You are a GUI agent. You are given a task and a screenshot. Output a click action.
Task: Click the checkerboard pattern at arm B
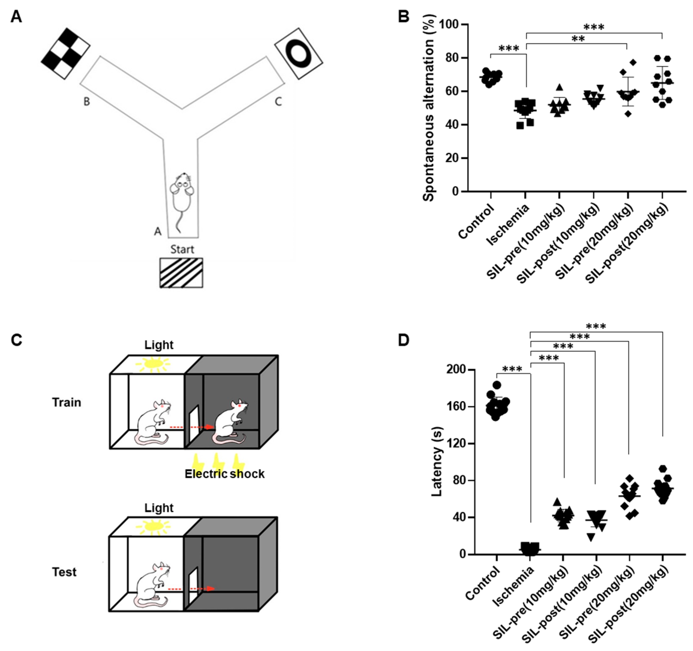pos(66,53)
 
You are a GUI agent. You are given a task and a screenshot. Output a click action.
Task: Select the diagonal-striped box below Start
pos(181,273)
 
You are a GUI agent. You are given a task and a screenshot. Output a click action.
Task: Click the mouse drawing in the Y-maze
pos(182,199)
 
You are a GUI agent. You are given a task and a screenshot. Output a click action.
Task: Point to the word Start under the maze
pos(182,249)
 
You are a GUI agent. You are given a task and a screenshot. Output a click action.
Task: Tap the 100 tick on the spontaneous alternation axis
pos(449,25)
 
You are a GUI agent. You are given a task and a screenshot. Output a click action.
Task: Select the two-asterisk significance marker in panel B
pos(578,39)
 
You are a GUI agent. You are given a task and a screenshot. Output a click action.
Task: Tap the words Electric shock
pos(224,474)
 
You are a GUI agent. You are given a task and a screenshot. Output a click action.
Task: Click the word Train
pos(67,402)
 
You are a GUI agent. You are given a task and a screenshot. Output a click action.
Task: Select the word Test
pos(64,572)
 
